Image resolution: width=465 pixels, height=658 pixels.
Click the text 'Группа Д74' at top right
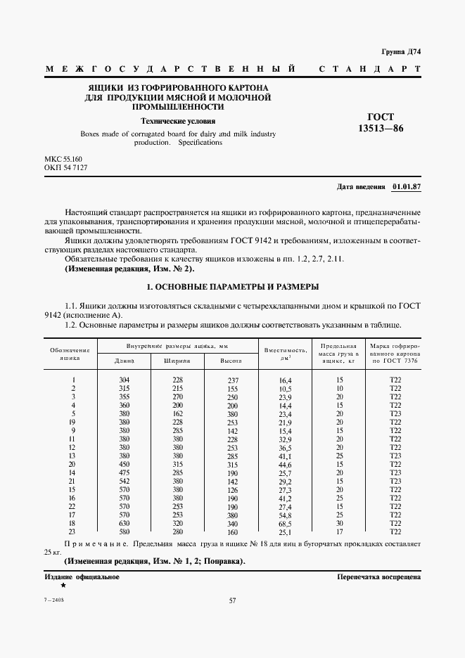(400, 52)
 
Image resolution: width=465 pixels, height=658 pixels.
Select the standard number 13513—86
(381, 129)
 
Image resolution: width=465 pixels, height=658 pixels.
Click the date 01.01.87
(406, 187)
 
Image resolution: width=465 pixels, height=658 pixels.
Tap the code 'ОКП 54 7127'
(65, 169)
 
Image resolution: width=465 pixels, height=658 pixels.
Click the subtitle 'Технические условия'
(178, 121)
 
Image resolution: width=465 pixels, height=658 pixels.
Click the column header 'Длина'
(124, 360)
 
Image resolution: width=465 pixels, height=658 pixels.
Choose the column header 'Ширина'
(177, 360)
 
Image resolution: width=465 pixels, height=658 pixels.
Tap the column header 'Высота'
(231, 360)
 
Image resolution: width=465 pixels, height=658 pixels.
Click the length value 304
(125, 380)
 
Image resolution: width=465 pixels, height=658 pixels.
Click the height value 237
(233, 380)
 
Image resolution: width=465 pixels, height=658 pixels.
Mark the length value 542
(125, 481)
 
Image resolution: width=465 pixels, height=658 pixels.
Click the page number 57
(232, 600)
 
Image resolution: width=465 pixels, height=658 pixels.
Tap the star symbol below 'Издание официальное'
(63, 586)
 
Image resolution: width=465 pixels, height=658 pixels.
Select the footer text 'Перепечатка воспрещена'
(378, 576)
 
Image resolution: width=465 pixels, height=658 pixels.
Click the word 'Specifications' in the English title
(200, 142)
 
